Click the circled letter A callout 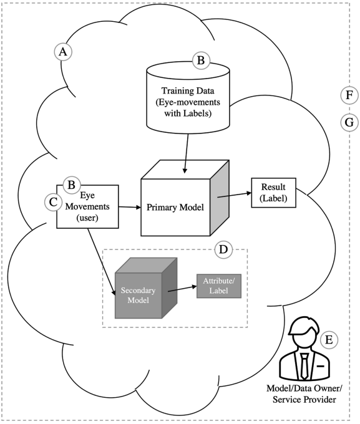click(x=63, y=52)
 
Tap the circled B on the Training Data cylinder click(x=201, y=60)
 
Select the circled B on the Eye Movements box click(x=72, y=185)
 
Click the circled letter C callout click(x=53, y=202)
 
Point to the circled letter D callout click(x=223, y=249)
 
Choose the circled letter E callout click(x=329, y=340)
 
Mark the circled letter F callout click(x=349, y=95)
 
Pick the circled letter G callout click(x=349, y=122)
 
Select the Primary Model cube click(x=185, y=198)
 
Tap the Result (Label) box click(x=273, y=193)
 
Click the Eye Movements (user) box click(x=87, y=206)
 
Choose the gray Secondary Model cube click(x=146, y=288)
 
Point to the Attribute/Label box click(x=219, y=286)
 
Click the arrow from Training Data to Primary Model click(x=187, y=153)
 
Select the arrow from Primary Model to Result click(x=235, y=195)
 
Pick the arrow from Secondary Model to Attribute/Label click(x=182, y=289)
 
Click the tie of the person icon click(x=304, y=366)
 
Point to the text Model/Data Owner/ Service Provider click(x=304, y=393)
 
